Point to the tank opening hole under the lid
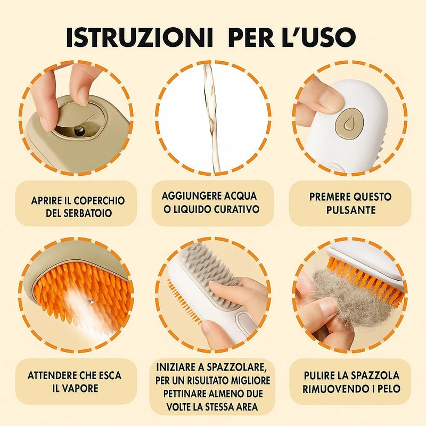(79, 130)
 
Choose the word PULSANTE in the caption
(350, 210)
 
